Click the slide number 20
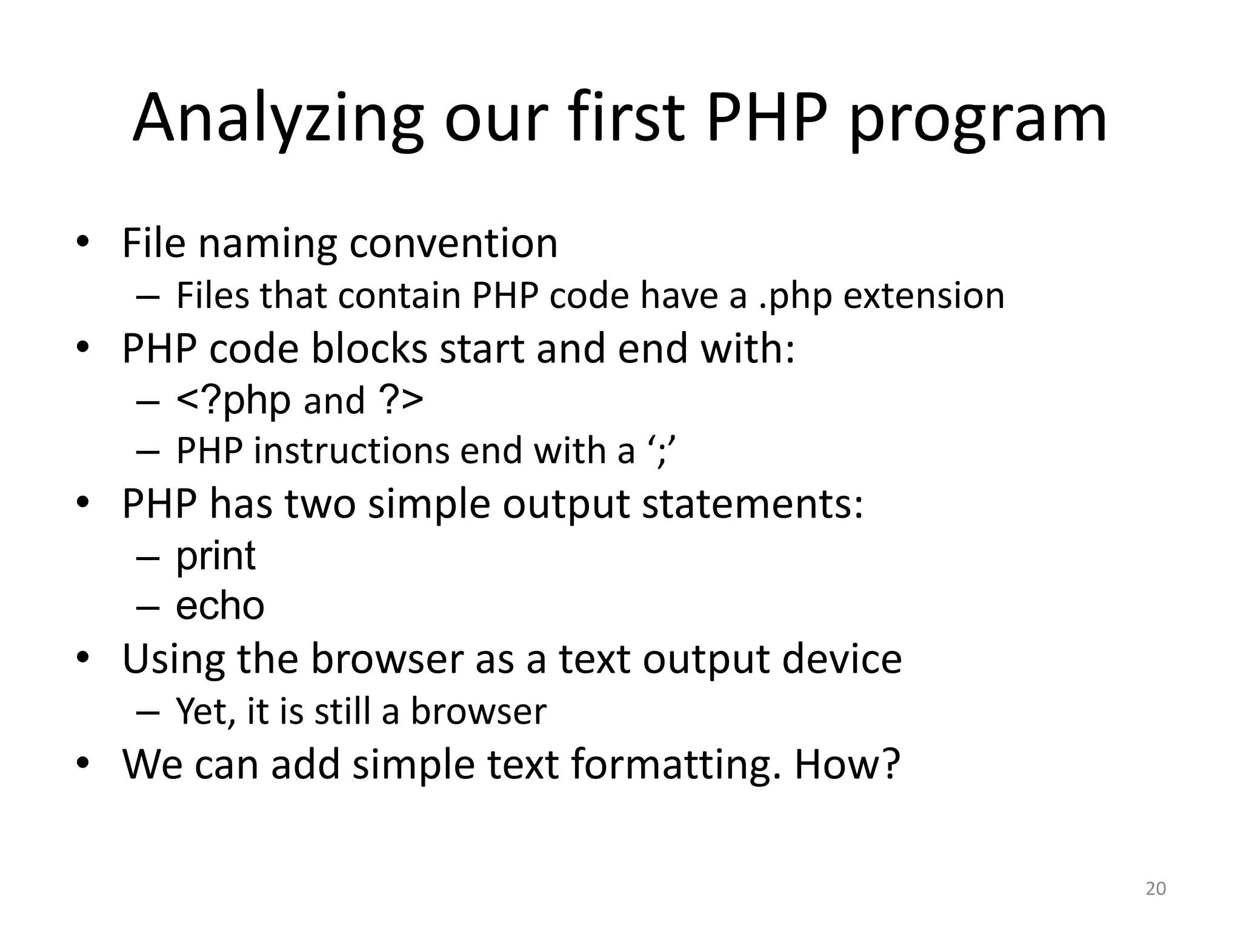pos(1156,889)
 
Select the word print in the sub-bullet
pos(216,556)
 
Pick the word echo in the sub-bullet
pos(220,606)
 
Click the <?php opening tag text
pos(233,400)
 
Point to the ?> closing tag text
pos(401,400)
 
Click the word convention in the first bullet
pos(453,243)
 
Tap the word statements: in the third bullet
pos(752,504)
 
